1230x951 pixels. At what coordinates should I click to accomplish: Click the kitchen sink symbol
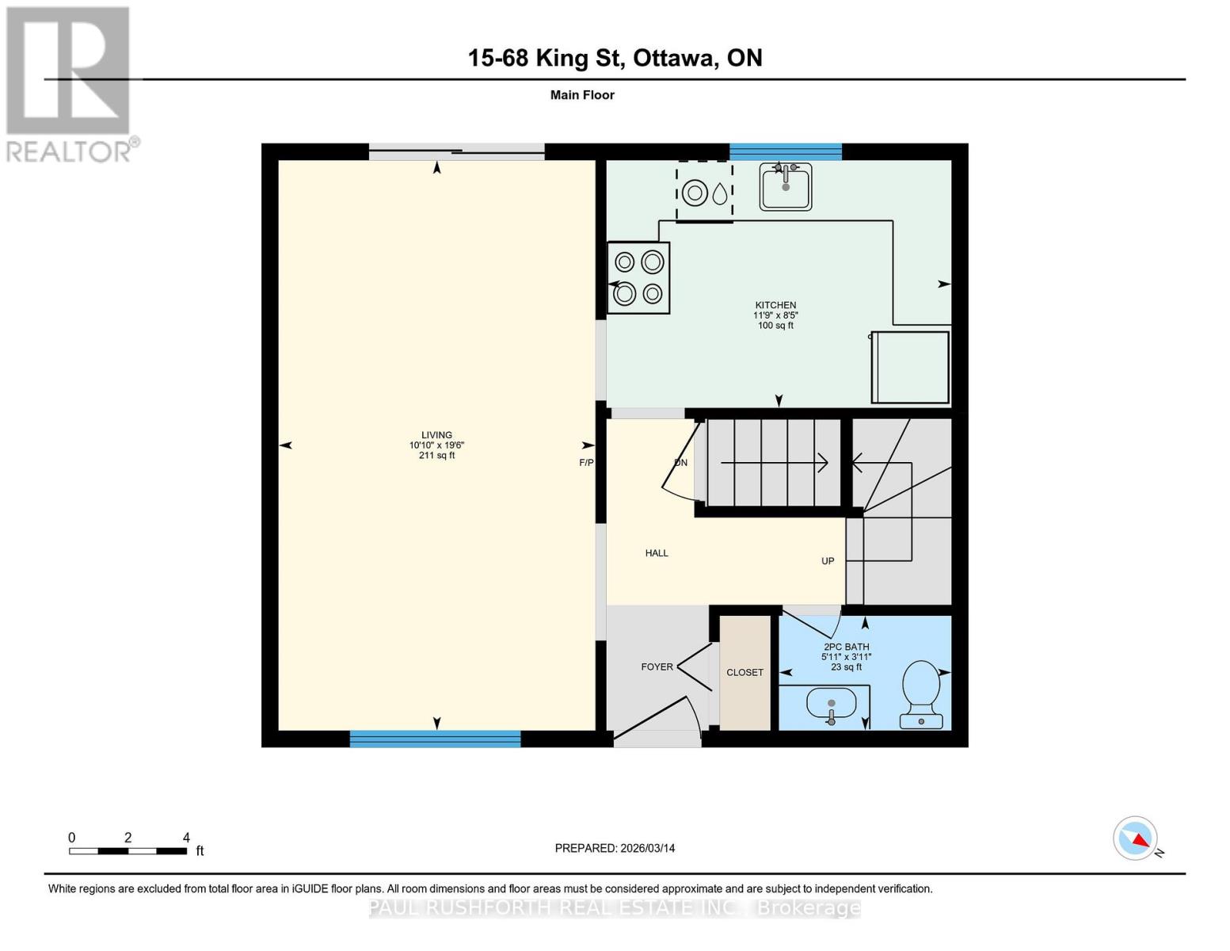point(785,186)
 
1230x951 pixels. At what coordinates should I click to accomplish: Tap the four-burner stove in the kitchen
point(638,277)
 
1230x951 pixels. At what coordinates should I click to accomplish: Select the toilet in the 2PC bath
point(921,694)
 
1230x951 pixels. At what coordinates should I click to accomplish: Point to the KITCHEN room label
point(775,305)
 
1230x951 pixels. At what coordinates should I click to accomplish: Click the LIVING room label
point(436,435)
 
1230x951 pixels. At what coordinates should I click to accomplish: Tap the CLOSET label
point(744,672)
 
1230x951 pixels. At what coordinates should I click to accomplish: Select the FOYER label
point(657,666)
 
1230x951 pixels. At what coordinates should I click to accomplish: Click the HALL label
point(657,553)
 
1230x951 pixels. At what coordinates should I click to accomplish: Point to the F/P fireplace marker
point(586,463)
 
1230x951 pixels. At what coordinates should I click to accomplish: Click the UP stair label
point(828,561)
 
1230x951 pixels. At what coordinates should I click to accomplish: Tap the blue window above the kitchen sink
point(785,151)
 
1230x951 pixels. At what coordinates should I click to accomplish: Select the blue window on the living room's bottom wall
point(435,739)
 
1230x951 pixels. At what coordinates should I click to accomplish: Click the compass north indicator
point(1136,838)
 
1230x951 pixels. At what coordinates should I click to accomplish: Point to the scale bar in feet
point(128,850)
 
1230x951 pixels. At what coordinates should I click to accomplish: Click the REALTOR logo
point(70,83)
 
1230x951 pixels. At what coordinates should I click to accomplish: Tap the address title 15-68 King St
point(615,58)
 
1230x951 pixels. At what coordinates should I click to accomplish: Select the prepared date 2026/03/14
point(615,848)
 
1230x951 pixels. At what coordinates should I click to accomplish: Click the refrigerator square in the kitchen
point(910,368)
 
